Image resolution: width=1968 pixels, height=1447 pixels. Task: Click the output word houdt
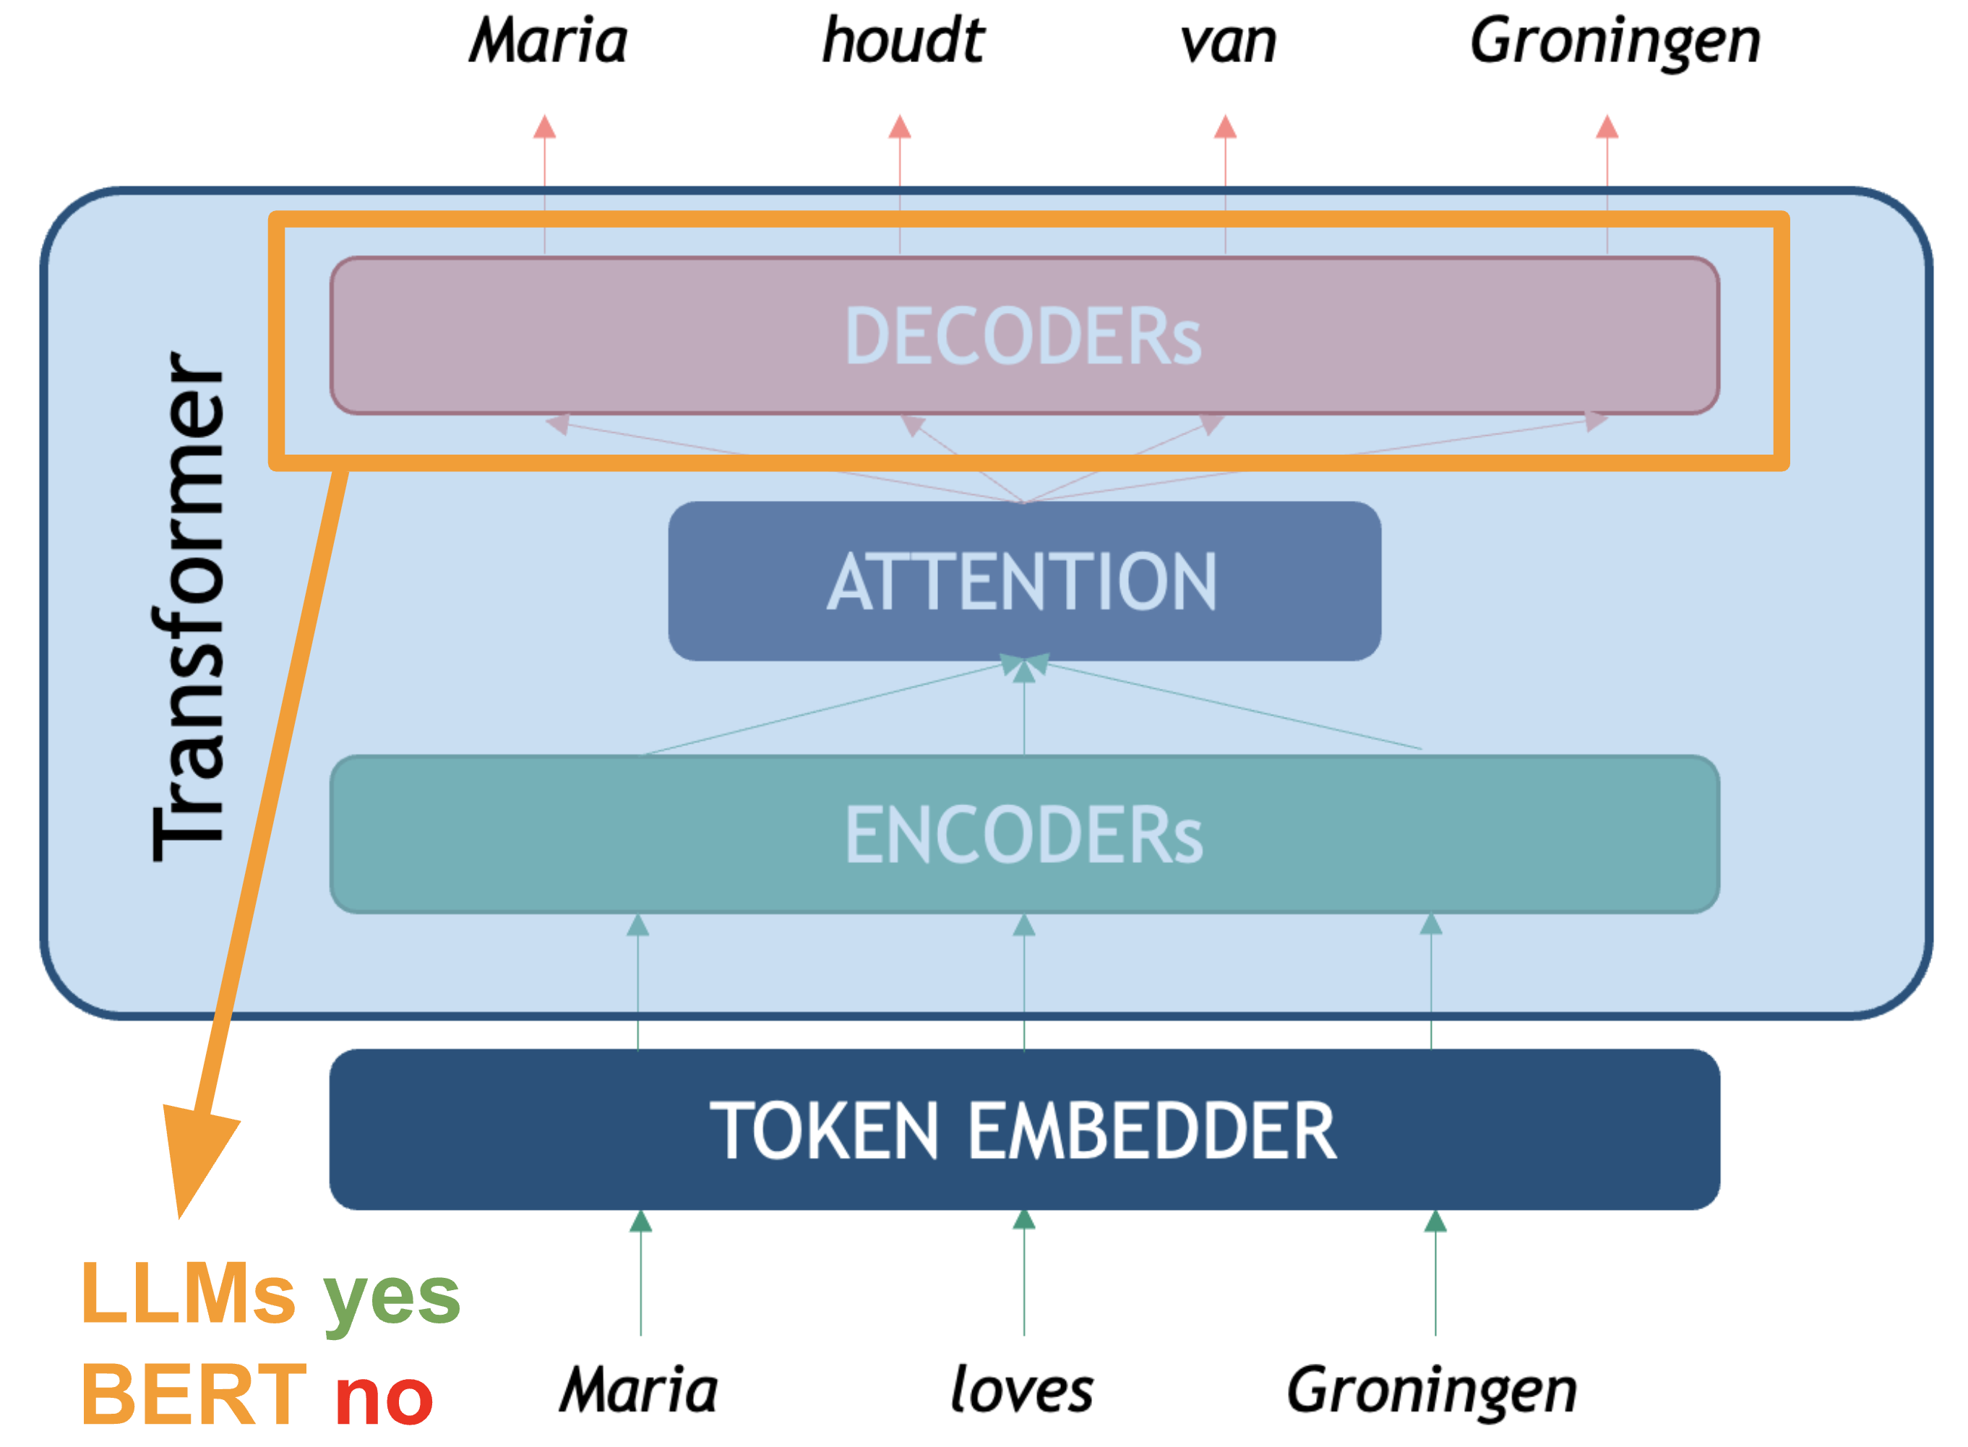click(x=902, y=40)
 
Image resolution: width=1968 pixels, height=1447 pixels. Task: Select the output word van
click(x=1227, y=42)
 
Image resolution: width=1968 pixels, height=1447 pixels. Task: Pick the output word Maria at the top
click(x=549, y=40)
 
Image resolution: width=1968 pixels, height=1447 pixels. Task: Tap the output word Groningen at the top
click(x=1614, y=42)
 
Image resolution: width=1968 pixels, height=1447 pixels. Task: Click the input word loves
click(x=1022, y=1390)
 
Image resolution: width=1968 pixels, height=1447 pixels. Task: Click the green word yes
click(x=392, y=1297)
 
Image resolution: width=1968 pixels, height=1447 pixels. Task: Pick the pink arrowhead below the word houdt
click(x=900, y=127)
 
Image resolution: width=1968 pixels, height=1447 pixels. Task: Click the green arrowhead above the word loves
click(x=1024, y=1220)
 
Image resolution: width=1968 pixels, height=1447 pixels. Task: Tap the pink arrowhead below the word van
click(x=1225, y=127)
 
